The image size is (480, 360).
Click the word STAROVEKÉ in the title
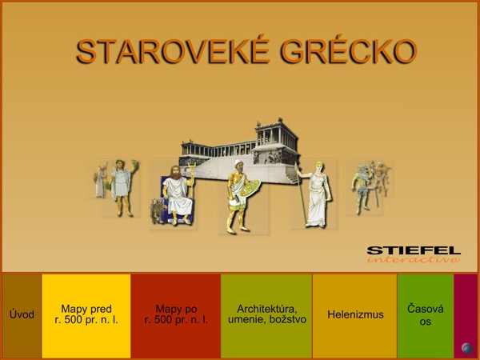[x=174, y=51]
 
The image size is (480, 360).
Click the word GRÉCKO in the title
[x=349, y=51]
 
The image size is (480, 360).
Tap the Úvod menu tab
[x=22, y=315]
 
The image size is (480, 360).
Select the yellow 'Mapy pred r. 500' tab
[x=86, y=315]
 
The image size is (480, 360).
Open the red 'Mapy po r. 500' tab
[x=176, y=315]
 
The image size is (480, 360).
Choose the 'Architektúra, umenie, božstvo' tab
[x=266, y=315]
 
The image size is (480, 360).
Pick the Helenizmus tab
[x=355, y=315]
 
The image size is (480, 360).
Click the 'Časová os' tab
[x=426, y=315]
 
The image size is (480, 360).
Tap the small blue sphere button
[x=467, y=348]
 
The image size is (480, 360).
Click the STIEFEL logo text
[x=414, y=250]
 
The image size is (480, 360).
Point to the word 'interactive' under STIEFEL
[x=414, y=260]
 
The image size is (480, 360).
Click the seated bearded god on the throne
[x=178, y=195]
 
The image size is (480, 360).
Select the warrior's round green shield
[x=250, y=188]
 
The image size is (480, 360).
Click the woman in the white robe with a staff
[x=318, y=194]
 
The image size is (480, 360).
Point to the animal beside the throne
[x=157, y=211]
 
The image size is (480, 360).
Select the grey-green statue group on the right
[x=370, y=186]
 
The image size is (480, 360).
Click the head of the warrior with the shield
[x=238, y=166]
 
